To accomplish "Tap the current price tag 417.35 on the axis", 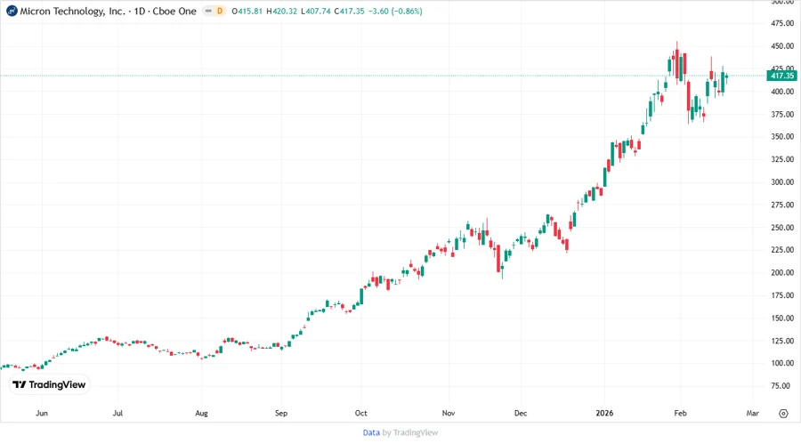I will tap(782, 76).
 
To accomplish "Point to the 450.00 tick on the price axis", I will tap(782, 46).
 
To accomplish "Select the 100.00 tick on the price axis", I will tap(782, 363).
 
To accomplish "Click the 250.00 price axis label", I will tap(782, 228).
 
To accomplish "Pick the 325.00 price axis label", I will tap(782, 160).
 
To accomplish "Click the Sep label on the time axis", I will tap(281, 414).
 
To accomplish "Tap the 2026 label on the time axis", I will tap(604, 414).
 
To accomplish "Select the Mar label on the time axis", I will tap(752, 414).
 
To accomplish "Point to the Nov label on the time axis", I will tap(449, 414).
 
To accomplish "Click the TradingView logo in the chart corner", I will tap(50, 385).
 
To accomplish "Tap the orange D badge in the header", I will tap(219, 11).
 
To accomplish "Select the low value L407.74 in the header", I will tap(327, 11).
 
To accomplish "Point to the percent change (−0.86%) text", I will tap(406, 11).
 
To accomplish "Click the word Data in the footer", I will tap(371, 432).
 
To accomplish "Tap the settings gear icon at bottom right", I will tap(783, 414).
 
